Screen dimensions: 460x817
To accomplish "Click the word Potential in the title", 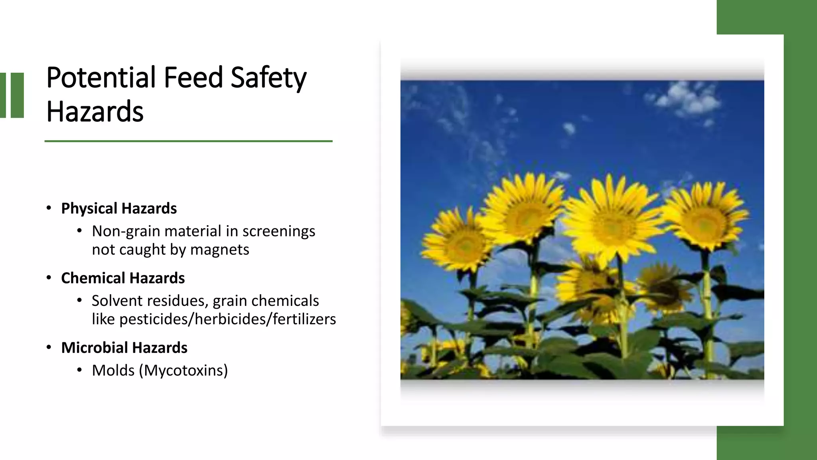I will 101,77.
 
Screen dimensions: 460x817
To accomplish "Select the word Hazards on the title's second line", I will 95,111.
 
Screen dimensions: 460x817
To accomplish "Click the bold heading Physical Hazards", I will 118,208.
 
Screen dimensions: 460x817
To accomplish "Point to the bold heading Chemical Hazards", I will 122,278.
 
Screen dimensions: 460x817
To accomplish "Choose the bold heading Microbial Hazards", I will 124,348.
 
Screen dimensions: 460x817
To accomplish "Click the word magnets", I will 219,250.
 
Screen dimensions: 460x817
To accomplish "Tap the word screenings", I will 278,231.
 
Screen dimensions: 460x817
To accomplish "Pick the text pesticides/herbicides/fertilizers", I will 227,319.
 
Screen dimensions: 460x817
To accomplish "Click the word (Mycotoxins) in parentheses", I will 184,371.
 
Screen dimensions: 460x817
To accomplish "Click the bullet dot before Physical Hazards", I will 49,208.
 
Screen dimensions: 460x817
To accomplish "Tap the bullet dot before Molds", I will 79,370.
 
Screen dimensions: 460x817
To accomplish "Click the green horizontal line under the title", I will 188,141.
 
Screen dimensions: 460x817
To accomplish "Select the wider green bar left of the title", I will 18,95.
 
